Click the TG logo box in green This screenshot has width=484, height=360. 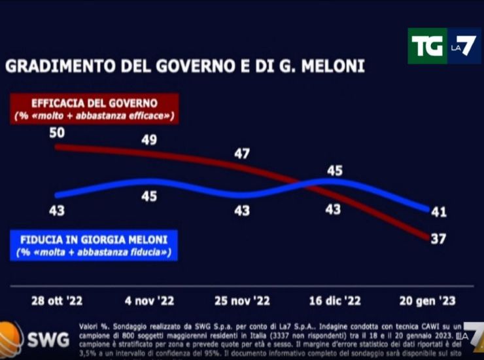(427, 46)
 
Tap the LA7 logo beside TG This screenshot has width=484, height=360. (463, 46)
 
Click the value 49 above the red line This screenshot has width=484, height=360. (149, 139)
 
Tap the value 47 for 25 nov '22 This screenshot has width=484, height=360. (242, 154)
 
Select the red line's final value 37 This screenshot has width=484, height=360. (439, 238)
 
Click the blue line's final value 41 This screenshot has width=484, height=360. (439, 211)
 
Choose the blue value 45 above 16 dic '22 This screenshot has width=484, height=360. (335, 171)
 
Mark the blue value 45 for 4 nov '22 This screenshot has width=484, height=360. (149, 196)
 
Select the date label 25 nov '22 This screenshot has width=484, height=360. (242, 302)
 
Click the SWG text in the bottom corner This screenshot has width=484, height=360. (44, 340)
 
